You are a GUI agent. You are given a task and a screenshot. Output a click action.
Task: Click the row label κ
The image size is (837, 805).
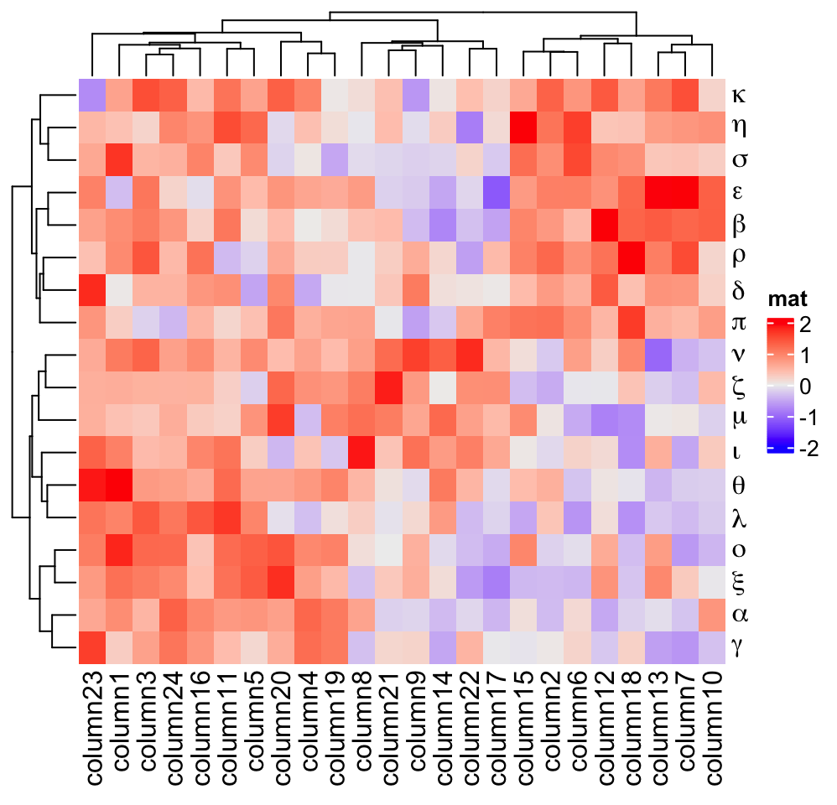tap(738, 94)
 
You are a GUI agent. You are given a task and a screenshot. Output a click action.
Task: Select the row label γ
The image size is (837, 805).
tap(738, 647)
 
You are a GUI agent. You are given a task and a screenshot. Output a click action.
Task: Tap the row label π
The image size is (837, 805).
tap(738, 322)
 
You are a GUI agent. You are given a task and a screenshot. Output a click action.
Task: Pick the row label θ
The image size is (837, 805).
tap(738, 485)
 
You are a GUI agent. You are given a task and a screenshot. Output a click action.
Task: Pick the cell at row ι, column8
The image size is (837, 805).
tap(362, 452)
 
